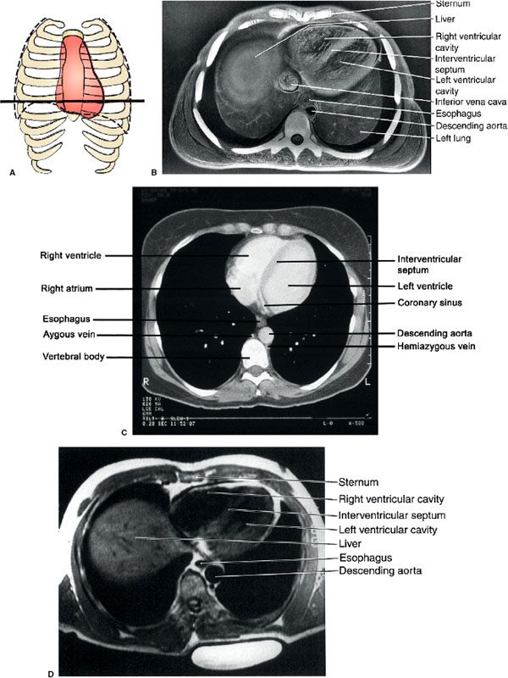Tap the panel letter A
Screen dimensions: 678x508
click(11, 171)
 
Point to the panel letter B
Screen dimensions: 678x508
click(154, 171)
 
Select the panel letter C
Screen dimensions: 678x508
click(124, 434)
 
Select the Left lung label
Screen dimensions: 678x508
click(455, 138)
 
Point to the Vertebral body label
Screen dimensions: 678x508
click(72, 358)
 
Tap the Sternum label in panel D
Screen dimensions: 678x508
click(358, 483)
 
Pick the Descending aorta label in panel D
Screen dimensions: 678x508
click(380, 572)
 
